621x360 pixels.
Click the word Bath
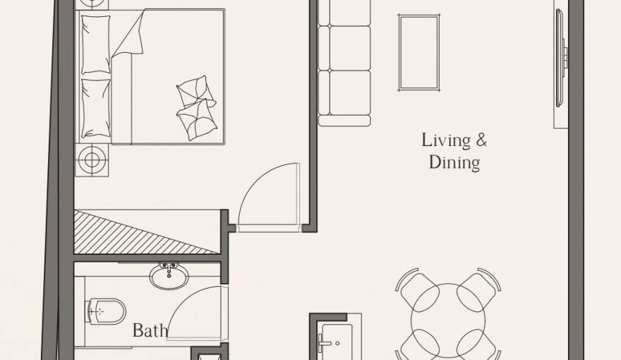(150, 330)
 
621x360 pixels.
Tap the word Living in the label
(445, 140)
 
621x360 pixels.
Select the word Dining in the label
(454, 163)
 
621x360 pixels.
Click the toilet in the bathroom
(106, 311)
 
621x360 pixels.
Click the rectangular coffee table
(419, 52)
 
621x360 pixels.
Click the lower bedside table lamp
(92, 160)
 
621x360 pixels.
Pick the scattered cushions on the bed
(195, 107)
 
